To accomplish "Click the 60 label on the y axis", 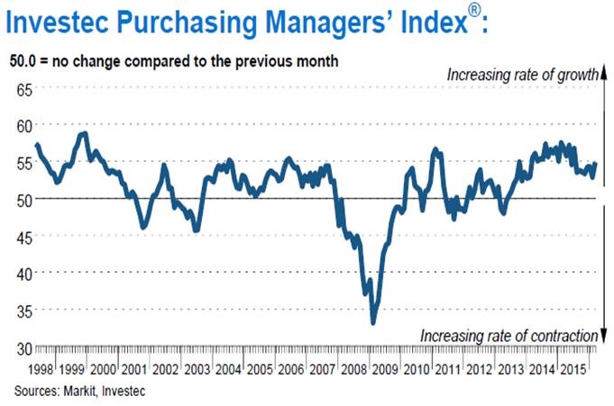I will tap(22, 125).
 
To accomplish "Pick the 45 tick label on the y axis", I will tap(22, 236).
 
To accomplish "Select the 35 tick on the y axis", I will tap(22, 311).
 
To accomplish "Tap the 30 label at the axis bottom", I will tap(22, 347).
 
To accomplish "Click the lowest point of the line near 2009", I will tap(373, 322).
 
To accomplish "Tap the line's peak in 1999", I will tap(84, 134).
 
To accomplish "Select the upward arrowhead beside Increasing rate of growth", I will tap(601, 75).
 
